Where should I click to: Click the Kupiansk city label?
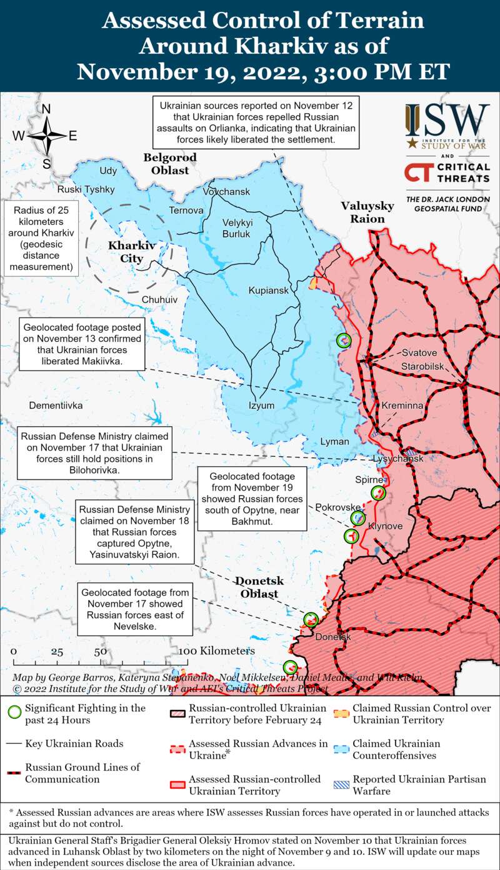click(269, 291)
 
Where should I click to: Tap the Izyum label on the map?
click(261, 405)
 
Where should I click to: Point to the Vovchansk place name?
click(226, 191)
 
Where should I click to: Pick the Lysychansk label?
click(398, 459)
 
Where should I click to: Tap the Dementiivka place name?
click(56, 405)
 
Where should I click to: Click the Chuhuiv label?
click(159, 299)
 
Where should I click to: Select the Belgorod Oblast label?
click(169, 164)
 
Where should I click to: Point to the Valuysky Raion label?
click(367, 212)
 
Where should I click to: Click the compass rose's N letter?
click(46, 109)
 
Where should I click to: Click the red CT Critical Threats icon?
click(417, 172)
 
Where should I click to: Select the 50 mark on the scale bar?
click(100, 651)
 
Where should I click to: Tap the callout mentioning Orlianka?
click(256, 123)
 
